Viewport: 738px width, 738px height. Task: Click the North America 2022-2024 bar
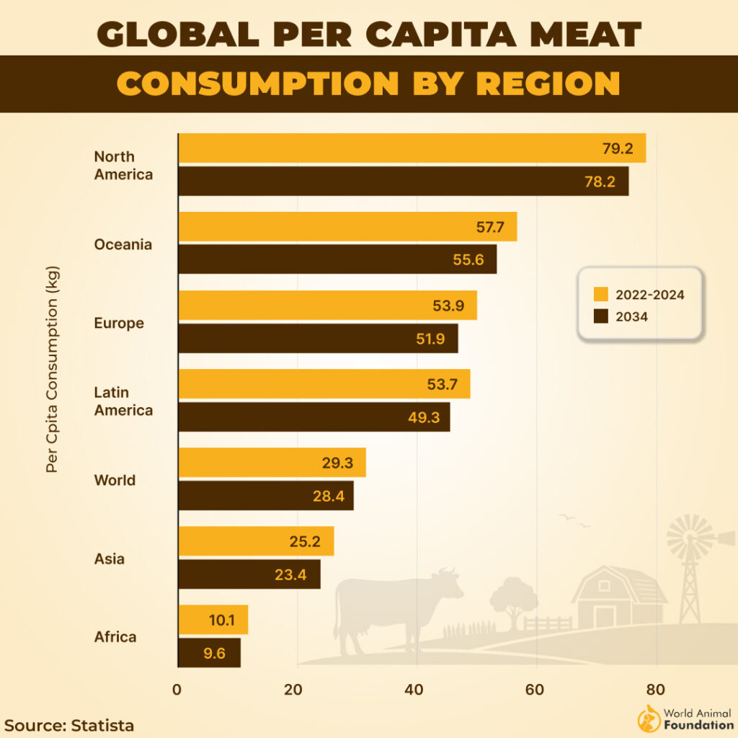tap(411, 148)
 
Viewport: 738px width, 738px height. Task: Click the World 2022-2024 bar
tap(272, 463)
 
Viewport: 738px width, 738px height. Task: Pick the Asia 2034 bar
tap(249, 574)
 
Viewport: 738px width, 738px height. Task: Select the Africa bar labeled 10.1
tap(213, 620)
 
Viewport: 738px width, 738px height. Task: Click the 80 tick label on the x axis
tap(655, 689)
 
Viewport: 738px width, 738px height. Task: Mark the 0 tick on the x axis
tap(178, 689)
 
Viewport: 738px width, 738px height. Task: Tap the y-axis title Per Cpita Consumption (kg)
tap(51, 370)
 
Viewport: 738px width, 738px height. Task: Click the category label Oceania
tap(123, 244)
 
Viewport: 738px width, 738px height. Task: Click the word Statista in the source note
tap(102, 725)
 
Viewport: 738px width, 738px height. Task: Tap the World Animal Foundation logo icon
tap(647, 719)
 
